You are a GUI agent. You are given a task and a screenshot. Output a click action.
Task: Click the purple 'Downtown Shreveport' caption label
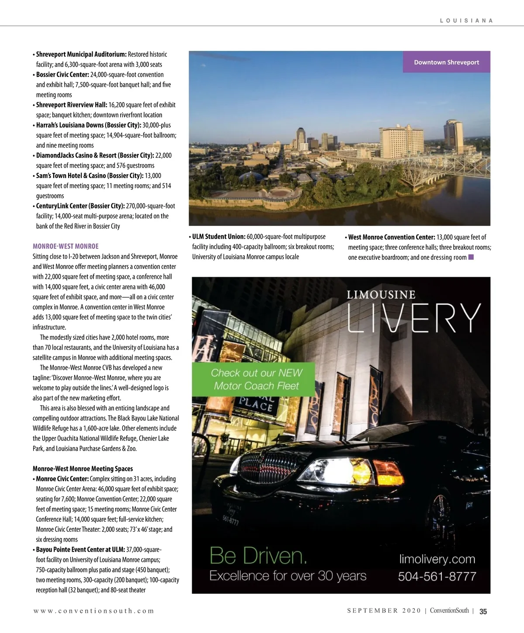446,62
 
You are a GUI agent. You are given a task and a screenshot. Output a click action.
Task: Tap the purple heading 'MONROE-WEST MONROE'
65,246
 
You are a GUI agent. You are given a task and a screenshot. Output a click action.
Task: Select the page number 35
483,611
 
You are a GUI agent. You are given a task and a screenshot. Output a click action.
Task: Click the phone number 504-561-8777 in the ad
437,576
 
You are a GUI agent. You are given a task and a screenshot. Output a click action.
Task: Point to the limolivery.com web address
437,559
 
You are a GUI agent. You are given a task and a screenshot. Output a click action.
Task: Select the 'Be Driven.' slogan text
258,556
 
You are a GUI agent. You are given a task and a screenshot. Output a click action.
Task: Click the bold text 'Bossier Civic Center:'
62,75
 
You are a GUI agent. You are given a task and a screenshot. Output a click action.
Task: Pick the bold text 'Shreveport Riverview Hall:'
72,105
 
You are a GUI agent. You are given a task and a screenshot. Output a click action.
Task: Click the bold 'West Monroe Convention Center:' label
392,237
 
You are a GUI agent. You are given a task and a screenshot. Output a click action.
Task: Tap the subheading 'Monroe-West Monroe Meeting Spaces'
83,469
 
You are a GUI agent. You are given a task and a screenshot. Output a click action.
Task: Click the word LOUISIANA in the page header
466,21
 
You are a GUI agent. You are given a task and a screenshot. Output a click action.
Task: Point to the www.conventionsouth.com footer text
94,611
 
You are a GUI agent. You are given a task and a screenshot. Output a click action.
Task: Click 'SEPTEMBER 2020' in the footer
384,611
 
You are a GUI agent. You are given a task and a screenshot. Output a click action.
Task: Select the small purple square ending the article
471,257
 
